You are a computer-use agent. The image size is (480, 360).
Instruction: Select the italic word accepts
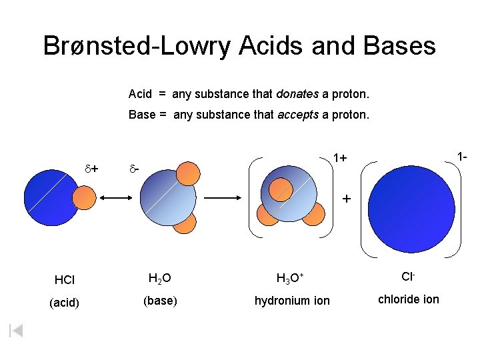297,115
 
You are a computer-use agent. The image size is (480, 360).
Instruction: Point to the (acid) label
65,303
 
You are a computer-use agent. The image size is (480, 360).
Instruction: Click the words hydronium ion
292,301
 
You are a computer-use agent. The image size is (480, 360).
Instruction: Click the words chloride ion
409,299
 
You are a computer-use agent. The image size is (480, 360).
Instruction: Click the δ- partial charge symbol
134,169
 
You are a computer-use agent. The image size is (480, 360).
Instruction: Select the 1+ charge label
340,158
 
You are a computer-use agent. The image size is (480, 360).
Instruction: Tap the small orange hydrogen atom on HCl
84,197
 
